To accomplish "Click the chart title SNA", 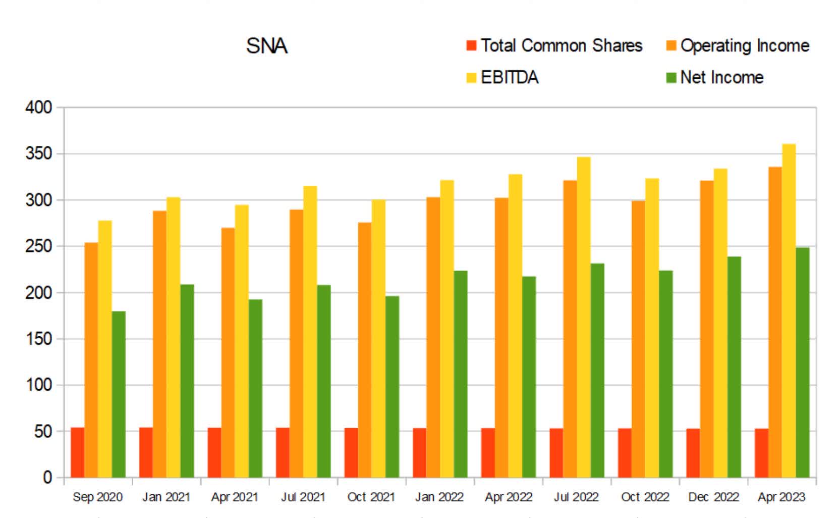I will (x=266, y=46).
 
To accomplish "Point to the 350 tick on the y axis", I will (x=39, y=153).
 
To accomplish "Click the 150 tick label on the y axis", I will (x=39, y=339).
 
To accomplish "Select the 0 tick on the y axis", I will (x=47, y=477).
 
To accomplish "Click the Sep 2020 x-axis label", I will (x=97, y=497).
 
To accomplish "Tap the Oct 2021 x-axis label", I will (x=371, y=497).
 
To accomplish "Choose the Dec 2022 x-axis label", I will (x=713, y=497).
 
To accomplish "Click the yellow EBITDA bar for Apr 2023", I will (x=789, y=310).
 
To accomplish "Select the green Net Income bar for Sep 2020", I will (x=119, y=394).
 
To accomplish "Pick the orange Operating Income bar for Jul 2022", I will (x=570, y=328).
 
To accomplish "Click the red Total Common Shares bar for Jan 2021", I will (x=146, y=452).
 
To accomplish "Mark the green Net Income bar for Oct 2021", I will (x=392, y=386).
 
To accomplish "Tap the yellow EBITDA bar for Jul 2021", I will (x=310, y=331).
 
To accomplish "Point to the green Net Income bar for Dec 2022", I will (x=734, y=367).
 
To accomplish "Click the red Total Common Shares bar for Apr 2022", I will (x=488, y=452).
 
